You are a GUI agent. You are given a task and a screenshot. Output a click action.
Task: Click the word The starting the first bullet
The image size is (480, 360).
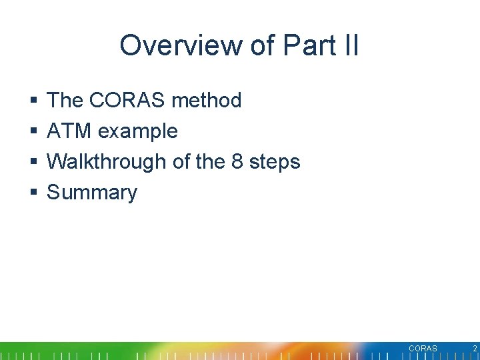click(x=65, y=101)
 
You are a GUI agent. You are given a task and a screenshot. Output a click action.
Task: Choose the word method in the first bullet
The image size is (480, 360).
click(x=206, y=101)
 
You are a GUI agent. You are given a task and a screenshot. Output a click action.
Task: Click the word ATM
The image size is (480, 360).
click(x=70, y=131)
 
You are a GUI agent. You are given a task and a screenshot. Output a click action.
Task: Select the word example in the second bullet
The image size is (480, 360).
click(x=138, y=131)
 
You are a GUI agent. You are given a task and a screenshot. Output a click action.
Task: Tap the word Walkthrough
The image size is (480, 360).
click(x=105, y=162)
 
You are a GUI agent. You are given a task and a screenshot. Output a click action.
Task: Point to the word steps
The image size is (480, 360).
click(x=276, y=162)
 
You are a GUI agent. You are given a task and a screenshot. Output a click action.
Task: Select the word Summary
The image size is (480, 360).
click(x=92, y=193)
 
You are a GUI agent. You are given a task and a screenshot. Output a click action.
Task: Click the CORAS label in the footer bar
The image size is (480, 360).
click(x=423, y=349)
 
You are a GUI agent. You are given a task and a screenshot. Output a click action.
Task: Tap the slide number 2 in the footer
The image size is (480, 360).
click(x=475, y=349)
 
